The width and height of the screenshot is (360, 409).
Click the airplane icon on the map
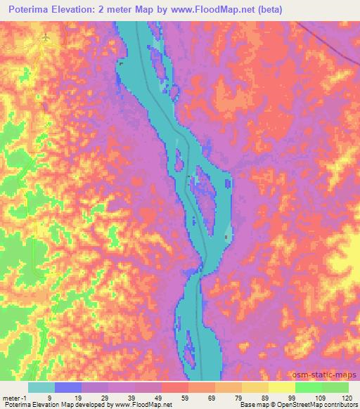click(x=46, y=37)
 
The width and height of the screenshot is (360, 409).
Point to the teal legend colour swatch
click(x=41, y=387)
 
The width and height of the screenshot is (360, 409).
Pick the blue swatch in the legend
click(x=68, y=387)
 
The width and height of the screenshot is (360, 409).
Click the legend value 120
click(x=347, y=397)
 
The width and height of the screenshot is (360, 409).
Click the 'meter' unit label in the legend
click(x=10, y=397)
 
